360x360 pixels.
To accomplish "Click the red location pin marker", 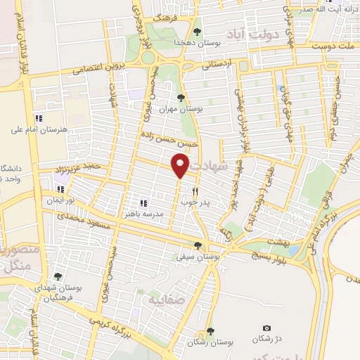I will tap(180, 166).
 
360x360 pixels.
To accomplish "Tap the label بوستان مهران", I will tap(182, 110).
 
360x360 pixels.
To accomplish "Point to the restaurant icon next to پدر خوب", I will tap(195, 191).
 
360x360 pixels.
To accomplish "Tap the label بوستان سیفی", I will tap(198, 258).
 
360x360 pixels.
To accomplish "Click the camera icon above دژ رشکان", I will tap(266, 328).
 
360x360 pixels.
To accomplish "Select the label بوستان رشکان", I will tap(210, 342).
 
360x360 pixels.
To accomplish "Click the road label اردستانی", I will tap(219, 65).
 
